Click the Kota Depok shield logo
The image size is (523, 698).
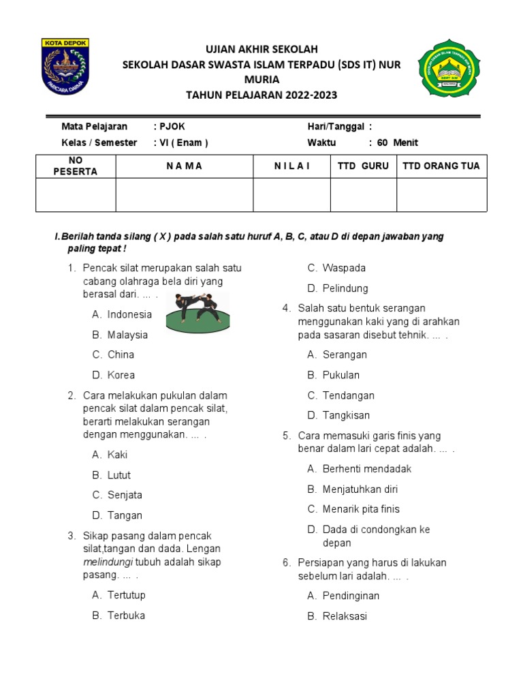tap(65, 66)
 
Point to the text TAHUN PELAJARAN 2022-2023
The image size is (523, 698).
tap(262, 95)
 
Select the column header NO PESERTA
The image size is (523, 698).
tap(75, 166)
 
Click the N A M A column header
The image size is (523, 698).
tap(184, 166)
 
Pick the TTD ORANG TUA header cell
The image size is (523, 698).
tap(441, 166)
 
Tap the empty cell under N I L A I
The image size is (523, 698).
tap(291, 195)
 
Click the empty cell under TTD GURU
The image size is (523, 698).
tap(363, 195)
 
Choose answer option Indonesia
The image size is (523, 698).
tap(129, 314)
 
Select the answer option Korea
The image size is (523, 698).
tap(121, 375)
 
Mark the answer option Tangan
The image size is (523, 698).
tap(125, 515)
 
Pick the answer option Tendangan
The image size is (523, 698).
tap(348, 395)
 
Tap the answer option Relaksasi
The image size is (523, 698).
tap(345, 616)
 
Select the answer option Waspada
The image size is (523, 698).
tap(344, 268)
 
